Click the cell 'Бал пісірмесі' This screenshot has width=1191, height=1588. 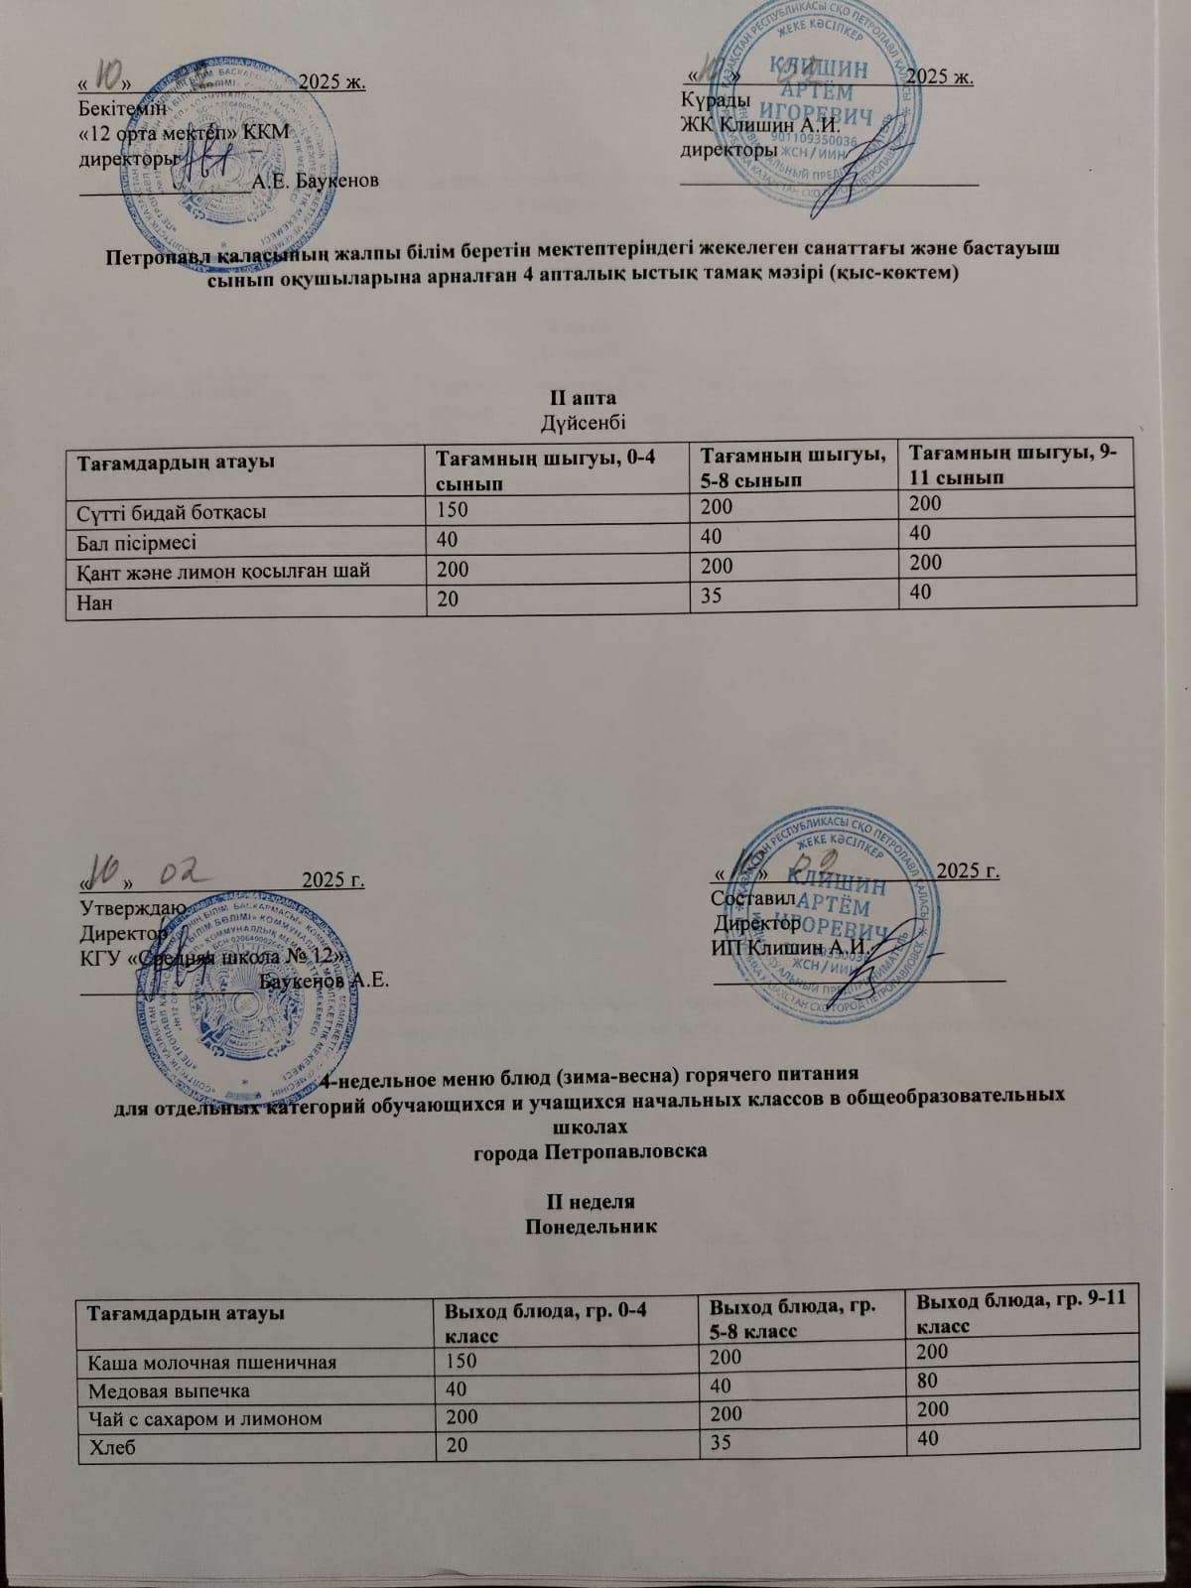pos(137,543)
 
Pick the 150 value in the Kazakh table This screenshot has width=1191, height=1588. pos(452,511)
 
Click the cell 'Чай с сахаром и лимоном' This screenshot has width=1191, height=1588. pos(205,1419)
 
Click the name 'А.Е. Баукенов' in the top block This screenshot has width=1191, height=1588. pos(315,181)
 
